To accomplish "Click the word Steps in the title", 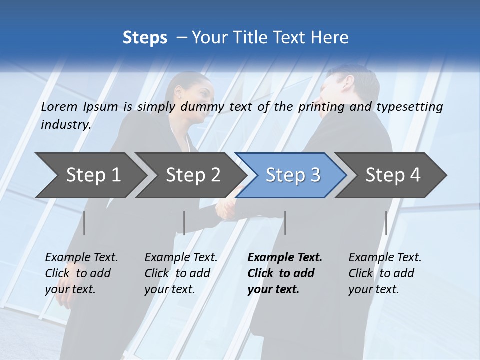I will click(x=145, y=38).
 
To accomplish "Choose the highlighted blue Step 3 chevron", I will click(x=293, y=175).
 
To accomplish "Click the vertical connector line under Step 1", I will click(x=84, y=223).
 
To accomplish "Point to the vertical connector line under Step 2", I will click(x=184, y=223).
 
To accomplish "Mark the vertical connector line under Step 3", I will click(x=285, y=223).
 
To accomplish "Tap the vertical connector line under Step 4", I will click(x=386, y=223).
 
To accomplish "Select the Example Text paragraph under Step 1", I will click(x=81, y=273).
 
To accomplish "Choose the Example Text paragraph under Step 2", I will click(x=181, y=273).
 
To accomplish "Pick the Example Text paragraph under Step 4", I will click(x=385, y=273).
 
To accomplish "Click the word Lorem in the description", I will click(x=59, y=107).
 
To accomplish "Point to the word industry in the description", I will click(x=65, y=124).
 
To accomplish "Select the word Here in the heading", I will click(x=330, y=38).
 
